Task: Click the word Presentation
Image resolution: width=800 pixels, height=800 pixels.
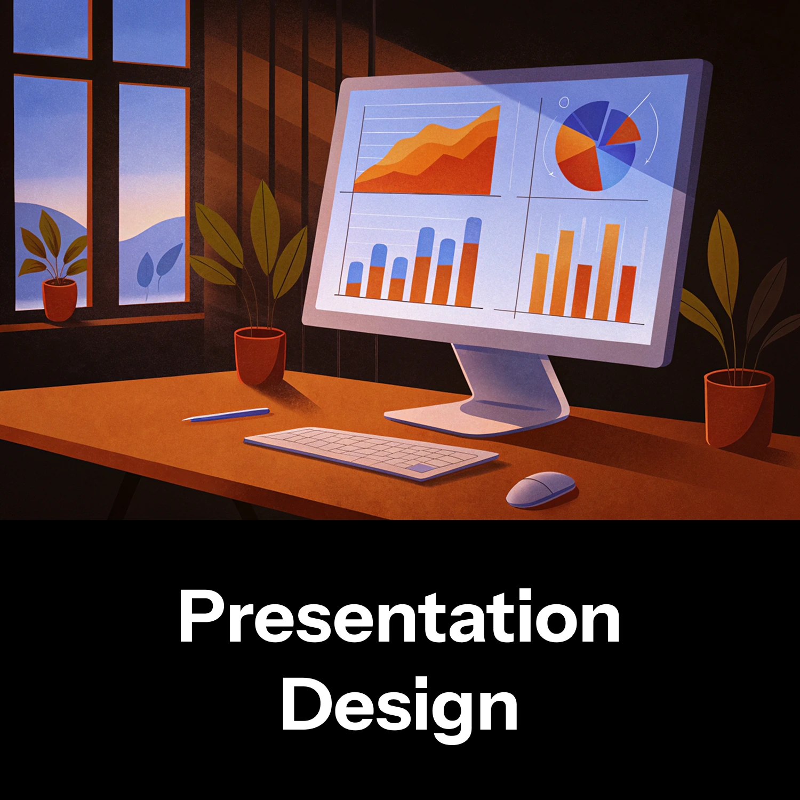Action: tap(399, 617)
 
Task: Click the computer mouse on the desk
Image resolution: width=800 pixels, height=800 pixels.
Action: tap(541, 489)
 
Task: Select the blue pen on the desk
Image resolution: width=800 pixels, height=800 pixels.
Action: tap(225, 414)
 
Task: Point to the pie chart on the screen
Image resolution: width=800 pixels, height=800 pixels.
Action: tap(597, 146)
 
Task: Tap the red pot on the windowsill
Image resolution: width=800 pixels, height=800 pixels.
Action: tap(60, 300)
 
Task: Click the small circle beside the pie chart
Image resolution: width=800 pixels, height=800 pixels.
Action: tap(564, 102)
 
